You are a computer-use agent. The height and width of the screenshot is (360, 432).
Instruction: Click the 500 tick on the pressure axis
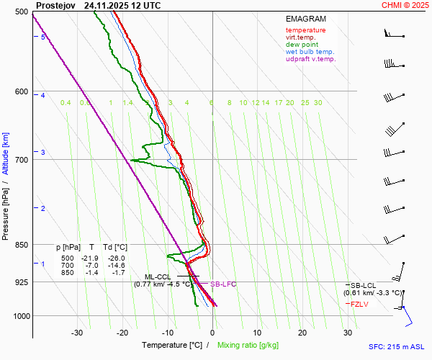[21, 12]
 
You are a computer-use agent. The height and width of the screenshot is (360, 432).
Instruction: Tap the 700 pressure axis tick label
[21, 160]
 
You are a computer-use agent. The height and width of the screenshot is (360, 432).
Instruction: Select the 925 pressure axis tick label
[21, 282]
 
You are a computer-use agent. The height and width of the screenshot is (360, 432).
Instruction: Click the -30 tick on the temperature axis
[77, 333]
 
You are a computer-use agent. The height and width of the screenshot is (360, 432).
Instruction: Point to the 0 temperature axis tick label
[212, 333]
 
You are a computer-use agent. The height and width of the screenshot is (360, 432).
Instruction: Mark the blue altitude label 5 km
[43, 37]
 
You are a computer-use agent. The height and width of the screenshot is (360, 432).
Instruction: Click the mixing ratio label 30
[318, 103]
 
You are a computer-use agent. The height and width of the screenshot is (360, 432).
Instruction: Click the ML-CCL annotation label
[158, 276]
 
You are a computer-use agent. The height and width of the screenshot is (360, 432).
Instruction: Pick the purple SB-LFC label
[222, 284]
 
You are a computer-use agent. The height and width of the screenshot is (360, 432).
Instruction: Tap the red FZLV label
[360, 304]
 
